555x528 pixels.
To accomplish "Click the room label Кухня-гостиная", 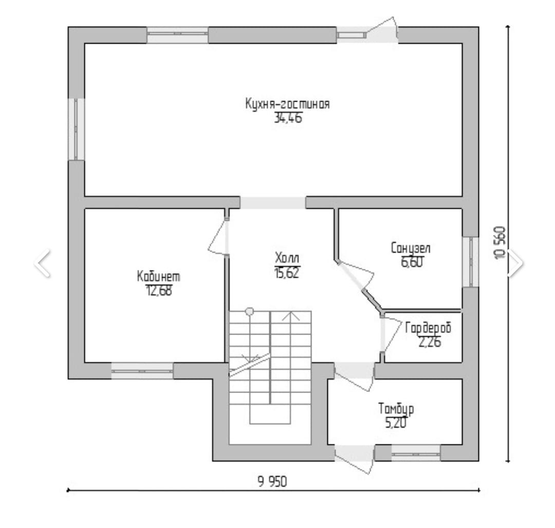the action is (287, 104).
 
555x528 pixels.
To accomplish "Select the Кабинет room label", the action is (158, 277).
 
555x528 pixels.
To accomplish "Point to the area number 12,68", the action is (158, 291).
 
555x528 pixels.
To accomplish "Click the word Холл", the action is (287, 257).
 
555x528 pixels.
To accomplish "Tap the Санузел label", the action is (411, 249).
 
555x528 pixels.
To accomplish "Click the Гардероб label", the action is (428, 328).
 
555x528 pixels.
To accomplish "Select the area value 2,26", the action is (429, 343).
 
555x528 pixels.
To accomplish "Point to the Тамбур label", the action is (396, 409).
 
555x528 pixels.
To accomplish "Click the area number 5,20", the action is (396, 424).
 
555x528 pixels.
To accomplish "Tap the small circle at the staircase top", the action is (250, 311).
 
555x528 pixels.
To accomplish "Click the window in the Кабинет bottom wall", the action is (142, 370).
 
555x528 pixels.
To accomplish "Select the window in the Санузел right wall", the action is (470, 262).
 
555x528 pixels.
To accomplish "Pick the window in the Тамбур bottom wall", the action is (416, 452).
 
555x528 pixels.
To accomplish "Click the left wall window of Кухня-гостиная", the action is (77, 129).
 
